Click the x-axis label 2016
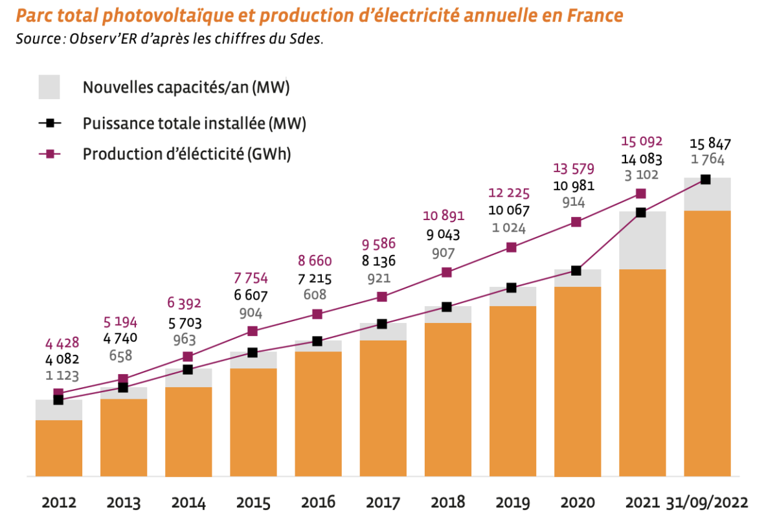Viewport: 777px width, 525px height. (318, 503)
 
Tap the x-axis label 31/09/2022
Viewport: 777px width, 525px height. (707, 503)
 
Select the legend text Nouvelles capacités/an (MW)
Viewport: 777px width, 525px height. (186, 87)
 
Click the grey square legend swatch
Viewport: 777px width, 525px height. (49, 87)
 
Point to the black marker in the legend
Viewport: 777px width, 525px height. (49, 123)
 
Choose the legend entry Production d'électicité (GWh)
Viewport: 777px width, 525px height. (187, 154)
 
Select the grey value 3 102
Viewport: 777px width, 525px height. (640, 174)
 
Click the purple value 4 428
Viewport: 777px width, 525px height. (58, 343)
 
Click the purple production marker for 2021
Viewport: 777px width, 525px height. (641, 194)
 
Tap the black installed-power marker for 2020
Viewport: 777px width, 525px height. (576, 270)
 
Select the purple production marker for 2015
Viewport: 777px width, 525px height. (253, 331)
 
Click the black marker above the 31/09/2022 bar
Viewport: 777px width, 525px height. (706, 179)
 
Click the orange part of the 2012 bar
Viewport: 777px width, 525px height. (59, 448)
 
